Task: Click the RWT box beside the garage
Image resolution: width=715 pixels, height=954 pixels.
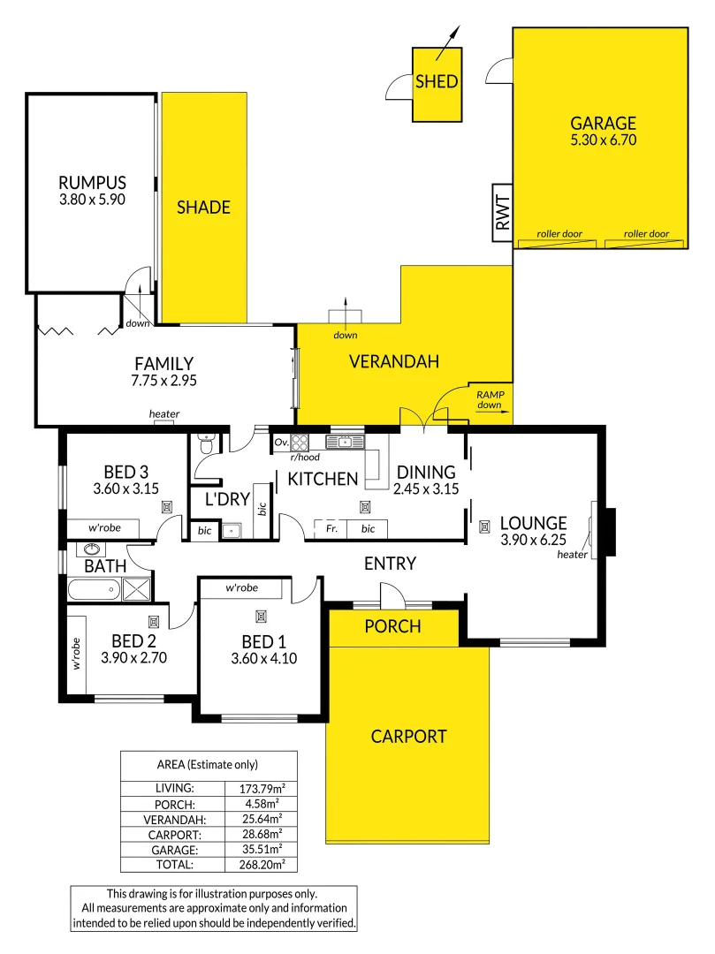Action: (501, 213)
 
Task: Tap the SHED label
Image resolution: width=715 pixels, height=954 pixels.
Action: (437, 82)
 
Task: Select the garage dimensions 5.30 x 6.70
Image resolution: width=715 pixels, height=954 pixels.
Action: (604, 140)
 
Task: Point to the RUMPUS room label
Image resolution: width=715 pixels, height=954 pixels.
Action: (92, 183)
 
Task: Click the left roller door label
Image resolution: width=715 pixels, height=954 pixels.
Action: (559, 234)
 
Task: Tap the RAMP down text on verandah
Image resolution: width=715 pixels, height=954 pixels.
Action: (489, 401)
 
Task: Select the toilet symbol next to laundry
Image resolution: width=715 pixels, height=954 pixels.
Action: (206, 443)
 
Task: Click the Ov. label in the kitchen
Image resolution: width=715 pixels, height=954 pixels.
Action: (282, 442)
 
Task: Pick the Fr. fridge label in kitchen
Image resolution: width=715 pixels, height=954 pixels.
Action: (331, 529)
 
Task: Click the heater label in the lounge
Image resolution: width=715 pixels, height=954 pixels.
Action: (573, 555)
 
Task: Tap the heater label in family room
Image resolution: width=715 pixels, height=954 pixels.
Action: (164, 413)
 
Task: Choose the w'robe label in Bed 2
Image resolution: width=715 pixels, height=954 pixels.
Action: (76, 652)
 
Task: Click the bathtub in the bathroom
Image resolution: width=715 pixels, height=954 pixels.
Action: (94, 589)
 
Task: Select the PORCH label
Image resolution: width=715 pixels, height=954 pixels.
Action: (393, 626)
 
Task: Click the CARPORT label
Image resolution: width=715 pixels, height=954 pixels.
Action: (408, 736)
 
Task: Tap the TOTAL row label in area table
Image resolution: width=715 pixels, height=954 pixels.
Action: (175, 866)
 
